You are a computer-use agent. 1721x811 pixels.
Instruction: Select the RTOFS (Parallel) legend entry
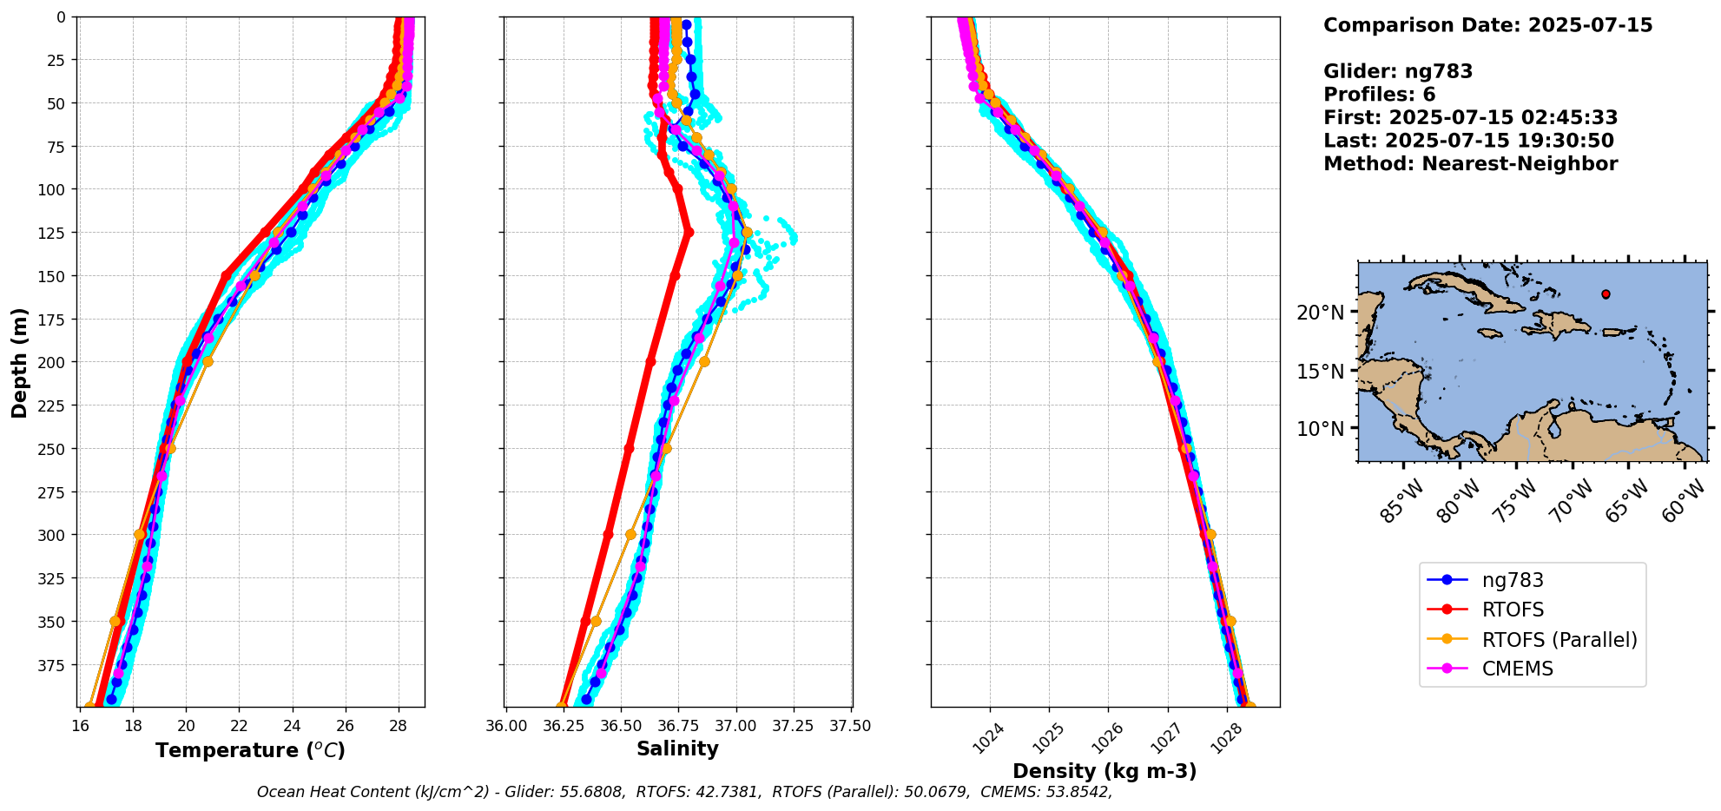[1559, 640]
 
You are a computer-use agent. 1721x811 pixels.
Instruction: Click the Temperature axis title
[250, 750]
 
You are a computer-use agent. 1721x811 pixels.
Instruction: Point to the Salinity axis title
[677, 749]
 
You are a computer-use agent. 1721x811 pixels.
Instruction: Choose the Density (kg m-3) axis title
[1104, 771]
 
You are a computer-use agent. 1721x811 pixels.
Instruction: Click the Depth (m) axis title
[20, 362]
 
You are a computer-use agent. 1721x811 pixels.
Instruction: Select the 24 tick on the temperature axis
[293, 726]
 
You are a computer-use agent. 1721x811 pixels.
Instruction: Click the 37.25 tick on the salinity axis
[794, 726]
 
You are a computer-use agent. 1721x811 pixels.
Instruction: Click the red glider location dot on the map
[1606, 294]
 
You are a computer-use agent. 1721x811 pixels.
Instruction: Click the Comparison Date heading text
[1487, 25]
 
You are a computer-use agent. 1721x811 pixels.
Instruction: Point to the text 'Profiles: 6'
[1379, 95]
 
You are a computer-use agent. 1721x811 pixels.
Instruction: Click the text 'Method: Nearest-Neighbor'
[1470, 164]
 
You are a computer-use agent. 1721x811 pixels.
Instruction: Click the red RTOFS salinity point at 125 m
[689, 232]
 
